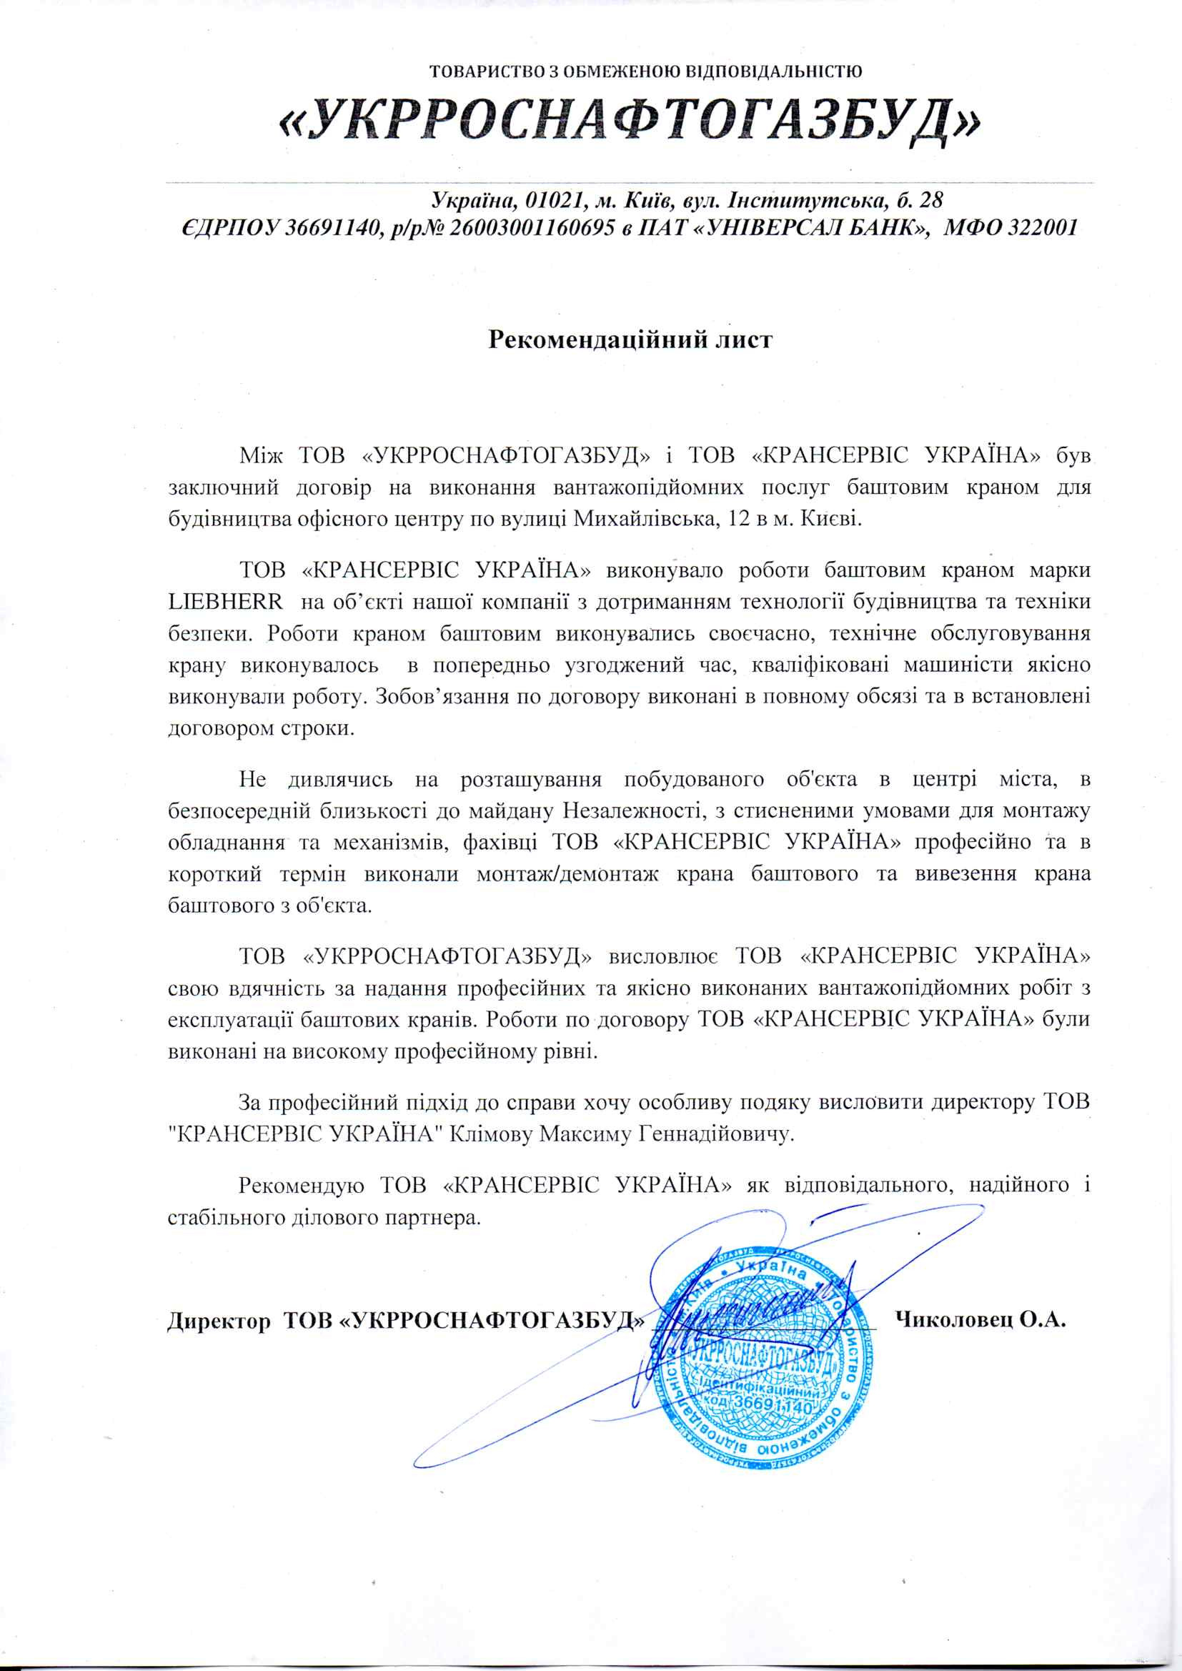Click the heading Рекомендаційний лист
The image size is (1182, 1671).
[x=630, y=339]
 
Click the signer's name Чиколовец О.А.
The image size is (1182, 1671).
[x=980, y=1319]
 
